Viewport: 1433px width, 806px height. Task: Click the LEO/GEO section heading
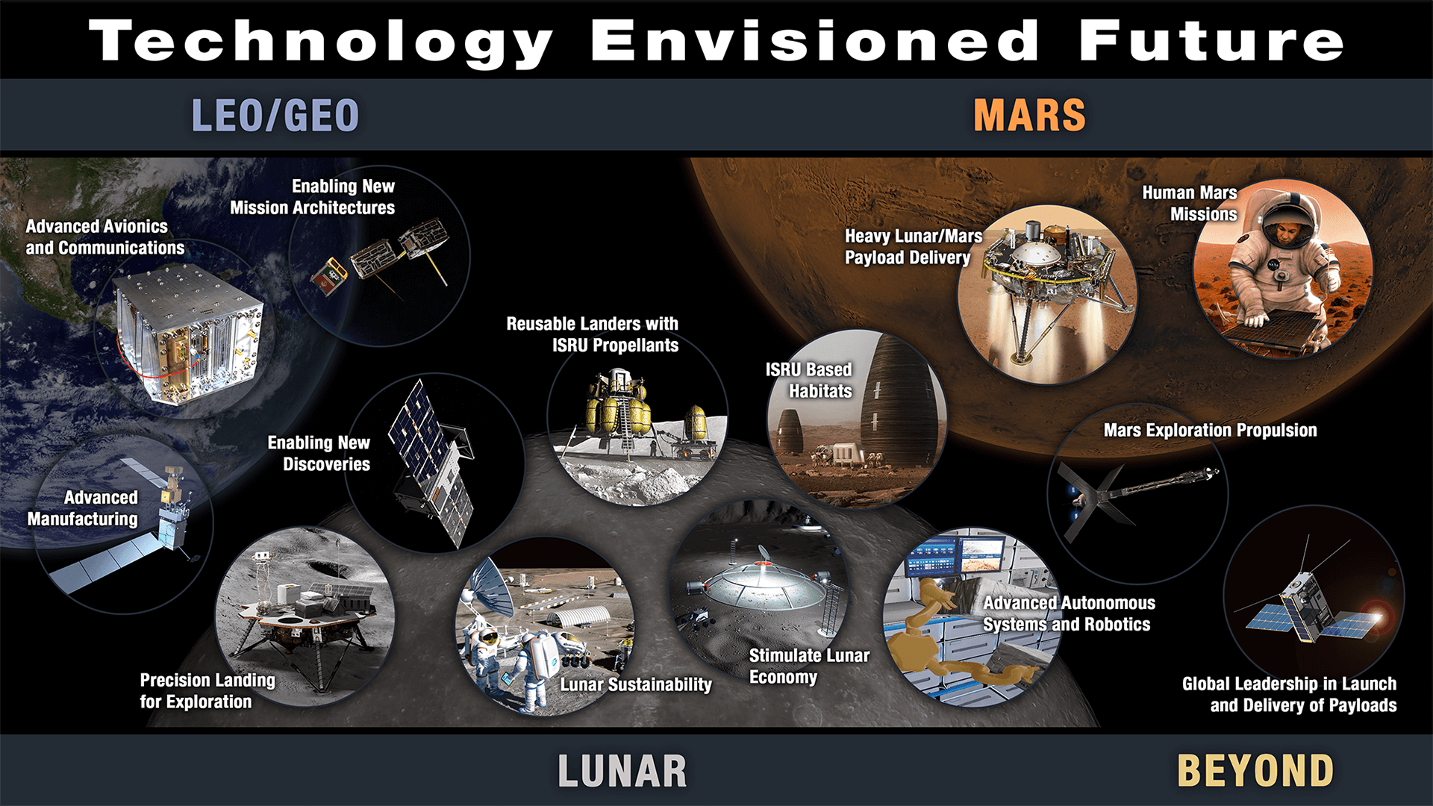pyautogui.click(x=275, y=116)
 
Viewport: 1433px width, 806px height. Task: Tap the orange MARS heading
pyautogui.click(x=1029, y=116)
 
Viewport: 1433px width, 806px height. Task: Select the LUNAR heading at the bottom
pyautogui.click(x=622, y=771)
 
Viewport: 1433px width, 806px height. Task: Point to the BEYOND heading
pyautogui.click(x=1255, y=771)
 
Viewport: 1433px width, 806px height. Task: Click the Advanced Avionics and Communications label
pyautogui.click(x=104, y=237)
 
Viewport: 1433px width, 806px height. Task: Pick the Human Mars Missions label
pyautogui.click(x=1190, y=203)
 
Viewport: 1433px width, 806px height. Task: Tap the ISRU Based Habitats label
pyautogui.click(x=809, y=380)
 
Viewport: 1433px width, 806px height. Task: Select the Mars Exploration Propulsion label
pyautogui.click(x=1210, y=430)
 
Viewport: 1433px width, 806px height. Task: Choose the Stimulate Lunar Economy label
pyautogui.click(x=809, y=666)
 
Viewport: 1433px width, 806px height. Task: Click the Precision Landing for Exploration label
pyautogui.click(x=207, y=690)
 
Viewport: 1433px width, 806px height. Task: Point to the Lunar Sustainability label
pyautogui.click(x=636, y=684)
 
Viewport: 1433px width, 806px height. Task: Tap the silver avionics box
pyautogui.click(x=188, y=333)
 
